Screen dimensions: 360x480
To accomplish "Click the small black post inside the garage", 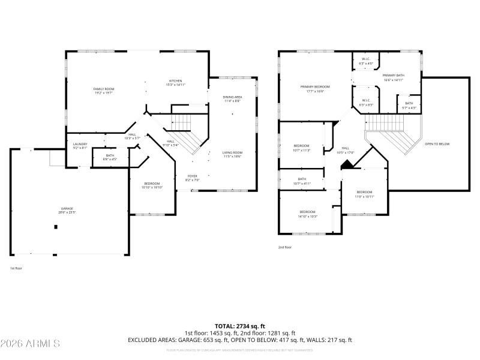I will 56,227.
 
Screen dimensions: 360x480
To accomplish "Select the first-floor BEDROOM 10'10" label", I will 152,185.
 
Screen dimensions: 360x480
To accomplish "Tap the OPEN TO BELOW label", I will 437,144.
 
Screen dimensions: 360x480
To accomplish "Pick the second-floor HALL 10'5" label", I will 346,150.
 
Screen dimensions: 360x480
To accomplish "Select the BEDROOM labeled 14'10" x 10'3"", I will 307,214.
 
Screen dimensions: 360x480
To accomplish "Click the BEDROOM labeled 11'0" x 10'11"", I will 364,194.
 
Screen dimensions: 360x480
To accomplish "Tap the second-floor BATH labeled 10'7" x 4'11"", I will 302,181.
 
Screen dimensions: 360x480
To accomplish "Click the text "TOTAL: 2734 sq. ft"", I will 239,325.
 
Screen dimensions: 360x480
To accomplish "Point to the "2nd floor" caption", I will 284,247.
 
